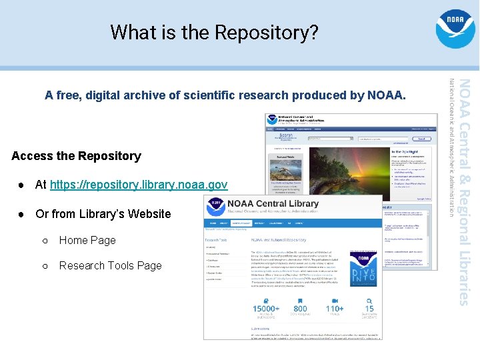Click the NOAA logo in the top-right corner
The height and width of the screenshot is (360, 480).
455,28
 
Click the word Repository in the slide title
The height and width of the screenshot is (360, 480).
275,32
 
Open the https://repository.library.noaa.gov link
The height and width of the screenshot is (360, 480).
139,185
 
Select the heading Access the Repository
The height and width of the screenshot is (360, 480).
76,156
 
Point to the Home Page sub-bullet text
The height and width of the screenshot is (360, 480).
87,240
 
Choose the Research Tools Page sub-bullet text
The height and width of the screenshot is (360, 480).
111,265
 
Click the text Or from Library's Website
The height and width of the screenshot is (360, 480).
103,214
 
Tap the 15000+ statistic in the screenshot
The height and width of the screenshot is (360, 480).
266,309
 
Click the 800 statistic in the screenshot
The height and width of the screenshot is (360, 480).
300,309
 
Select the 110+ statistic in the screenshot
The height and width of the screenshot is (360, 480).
335,309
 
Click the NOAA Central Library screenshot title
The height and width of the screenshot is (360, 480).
273,203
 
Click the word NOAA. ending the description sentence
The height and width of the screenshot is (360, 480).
386,95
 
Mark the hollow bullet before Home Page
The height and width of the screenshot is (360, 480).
45,241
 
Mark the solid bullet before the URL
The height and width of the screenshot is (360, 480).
21,185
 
